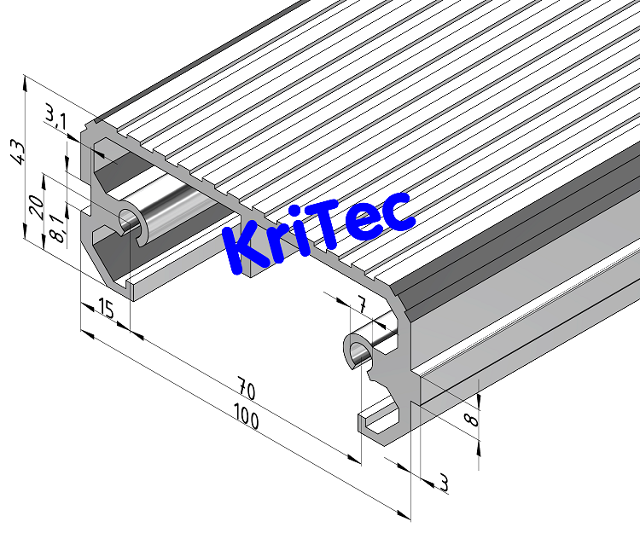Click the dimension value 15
106,309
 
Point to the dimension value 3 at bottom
443,483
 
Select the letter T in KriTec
337,223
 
